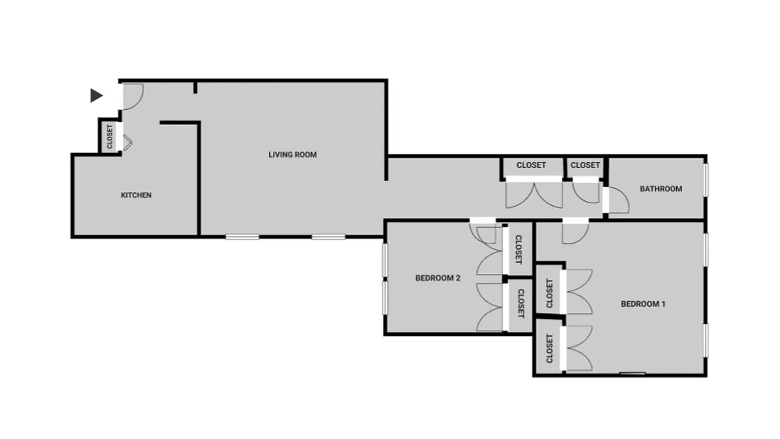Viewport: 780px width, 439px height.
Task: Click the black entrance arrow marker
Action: tap(97, 95)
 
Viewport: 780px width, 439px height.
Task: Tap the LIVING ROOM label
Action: tap(292, 155)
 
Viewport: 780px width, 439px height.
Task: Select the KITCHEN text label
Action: tap(136, 195)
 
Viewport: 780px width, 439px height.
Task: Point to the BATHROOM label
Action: tap(661, 189)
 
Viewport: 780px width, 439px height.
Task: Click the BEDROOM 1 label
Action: tap(643, 304)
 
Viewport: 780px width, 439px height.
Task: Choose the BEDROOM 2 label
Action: tap(438, 278)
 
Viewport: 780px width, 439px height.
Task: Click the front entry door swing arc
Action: tap(132, 96)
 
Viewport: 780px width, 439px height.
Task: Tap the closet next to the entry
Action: tap(110, 136)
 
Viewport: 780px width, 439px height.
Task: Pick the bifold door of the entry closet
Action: tap(127, 143)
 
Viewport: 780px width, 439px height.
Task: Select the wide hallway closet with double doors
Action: tap(531, 165)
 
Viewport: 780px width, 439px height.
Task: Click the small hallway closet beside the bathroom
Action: tap(585, 165)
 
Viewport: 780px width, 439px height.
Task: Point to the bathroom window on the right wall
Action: tap(706, 179)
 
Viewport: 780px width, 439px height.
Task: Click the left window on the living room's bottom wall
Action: tap(242, 237)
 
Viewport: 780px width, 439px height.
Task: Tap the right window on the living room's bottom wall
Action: tap(329, 237)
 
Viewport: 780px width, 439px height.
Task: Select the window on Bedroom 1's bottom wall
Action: tap(632, 374)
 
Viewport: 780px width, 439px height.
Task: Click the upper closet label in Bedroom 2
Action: tap(518, 250)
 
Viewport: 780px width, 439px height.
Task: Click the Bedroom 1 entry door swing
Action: tap(574, 233)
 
